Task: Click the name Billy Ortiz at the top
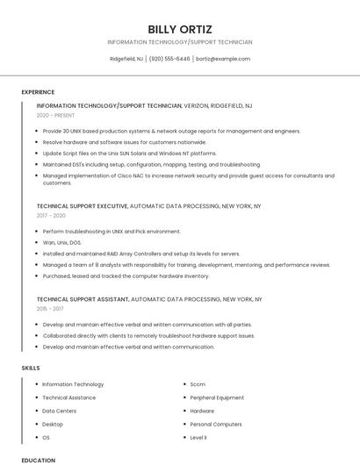[180, 29]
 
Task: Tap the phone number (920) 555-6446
[169, 59]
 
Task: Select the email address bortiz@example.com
[223, 59]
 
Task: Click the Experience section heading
[38, 92]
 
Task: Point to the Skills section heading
[32, 368]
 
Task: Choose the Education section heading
[38, 460]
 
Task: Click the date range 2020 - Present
[55, 115]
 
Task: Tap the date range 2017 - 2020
[51, 215]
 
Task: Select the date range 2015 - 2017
[50, 309]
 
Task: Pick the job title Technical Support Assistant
[82, 299]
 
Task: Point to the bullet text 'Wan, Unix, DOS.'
[61, 242]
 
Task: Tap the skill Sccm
[198, 384]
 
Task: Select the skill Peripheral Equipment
[217, 397]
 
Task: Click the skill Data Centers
[59, 411]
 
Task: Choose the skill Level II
[198, 437]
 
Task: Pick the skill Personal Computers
[215, 424]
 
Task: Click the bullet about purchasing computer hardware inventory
[126, 275]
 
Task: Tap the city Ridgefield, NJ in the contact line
[127, 59]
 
